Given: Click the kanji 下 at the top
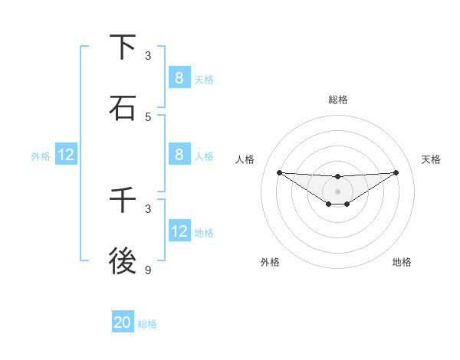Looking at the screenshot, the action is (x=123, y=47).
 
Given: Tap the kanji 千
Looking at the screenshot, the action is (x=123, y=201).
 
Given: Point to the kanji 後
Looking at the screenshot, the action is (x=123, y=262).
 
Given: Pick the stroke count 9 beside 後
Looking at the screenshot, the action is (x=148, y=270).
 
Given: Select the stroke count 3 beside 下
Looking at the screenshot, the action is (x=148, y=55).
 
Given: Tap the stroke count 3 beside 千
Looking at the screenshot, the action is (x=148, y=208).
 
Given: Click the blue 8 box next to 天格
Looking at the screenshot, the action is (x=179, y=77).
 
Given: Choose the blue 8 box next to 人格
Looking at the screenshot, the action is (x=179, y=154).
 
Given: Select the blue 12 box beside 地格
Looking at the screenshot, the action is (x=179, y=231).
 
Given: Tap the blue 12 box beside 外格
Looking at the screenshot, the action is (x=66, y=155).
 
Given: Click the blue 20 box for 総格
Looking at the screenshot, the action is (x=123, y=322).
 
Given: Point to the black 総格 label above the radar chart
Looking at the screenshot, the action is (x=338, y=100).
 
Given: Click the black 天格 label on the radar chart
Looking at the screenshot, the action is (x=432, y=159).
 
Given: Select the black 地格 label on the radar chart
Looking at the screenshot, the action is (x=402, y=262).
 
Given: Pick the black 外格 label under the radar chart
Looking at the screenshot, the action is (x=270, y=262).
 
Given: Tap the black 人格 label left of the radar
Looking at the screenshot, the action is (x=245, y=159).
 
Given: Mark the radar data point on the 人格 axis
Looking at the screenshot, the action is (x=279, y=172).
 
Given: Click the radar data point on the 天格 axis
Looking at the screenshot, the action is (x=396, y=172).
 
